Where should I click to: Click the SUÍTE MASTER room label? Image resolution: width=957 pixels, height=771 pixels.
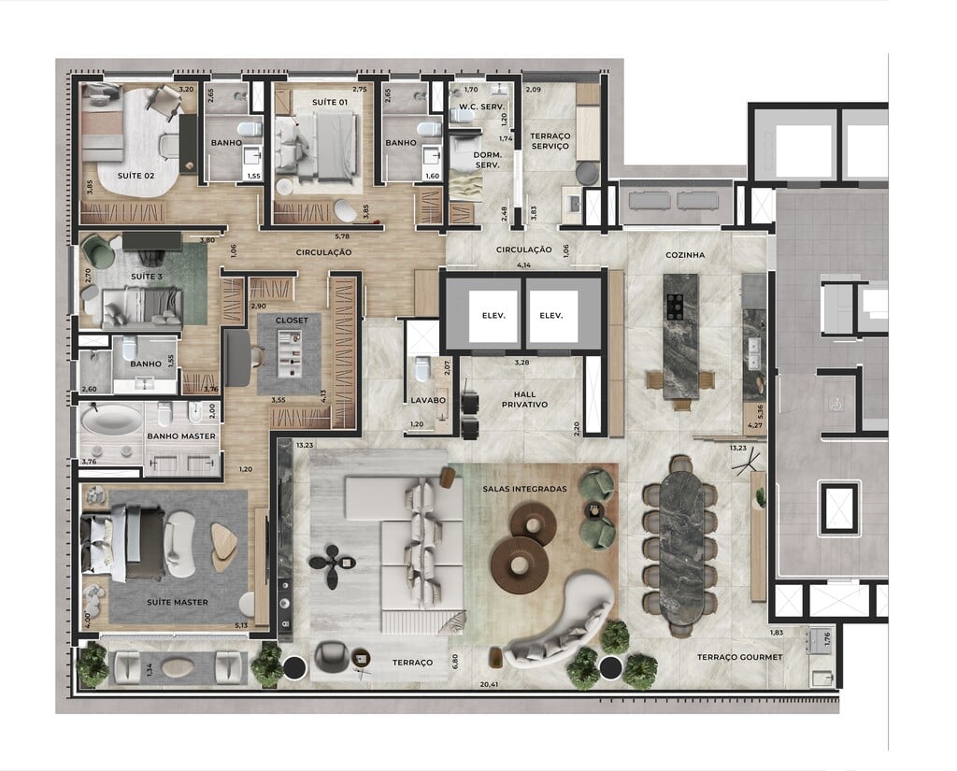177,602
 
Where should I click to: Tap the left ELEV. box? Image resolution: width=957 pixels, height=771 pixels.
493,316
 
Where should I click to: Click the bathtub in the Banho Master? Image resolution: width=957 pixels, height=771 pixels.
112,419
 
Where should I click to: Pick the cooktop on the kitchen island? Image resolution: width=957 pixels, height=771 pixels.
675,307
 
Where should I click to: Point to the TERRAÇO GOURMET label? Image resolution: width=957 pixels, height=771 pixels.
738,657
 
